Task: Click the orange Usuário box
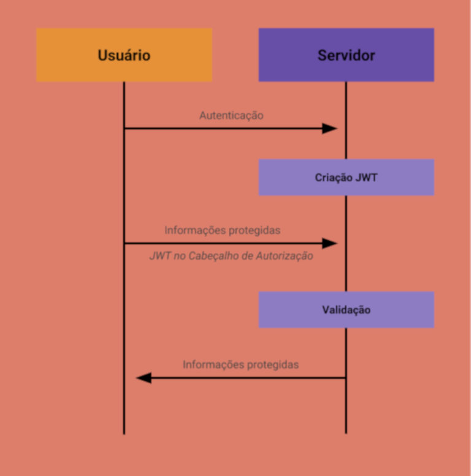tap(124, 55)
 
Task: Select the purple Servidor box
tap(346, 55)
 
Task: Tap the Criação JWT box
tap(346, 178)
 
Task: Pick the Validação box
tap(346, 310)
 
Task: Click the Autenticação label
tap(231, 115)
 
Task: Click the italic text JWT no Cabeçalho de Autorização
tap(231, 256)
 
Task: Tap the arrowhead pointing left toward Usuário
tap(144, 378)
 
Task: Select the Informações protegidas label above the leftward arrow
tap(240, 365)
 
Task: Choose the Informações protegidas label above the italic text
tap(222, 230)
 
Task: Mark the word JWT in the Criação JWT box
tap(367, 178)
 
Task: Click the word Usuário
tap(124, 55)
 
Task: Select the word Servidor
tap(346, 55)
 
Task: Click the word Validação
tap(346, 310)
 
